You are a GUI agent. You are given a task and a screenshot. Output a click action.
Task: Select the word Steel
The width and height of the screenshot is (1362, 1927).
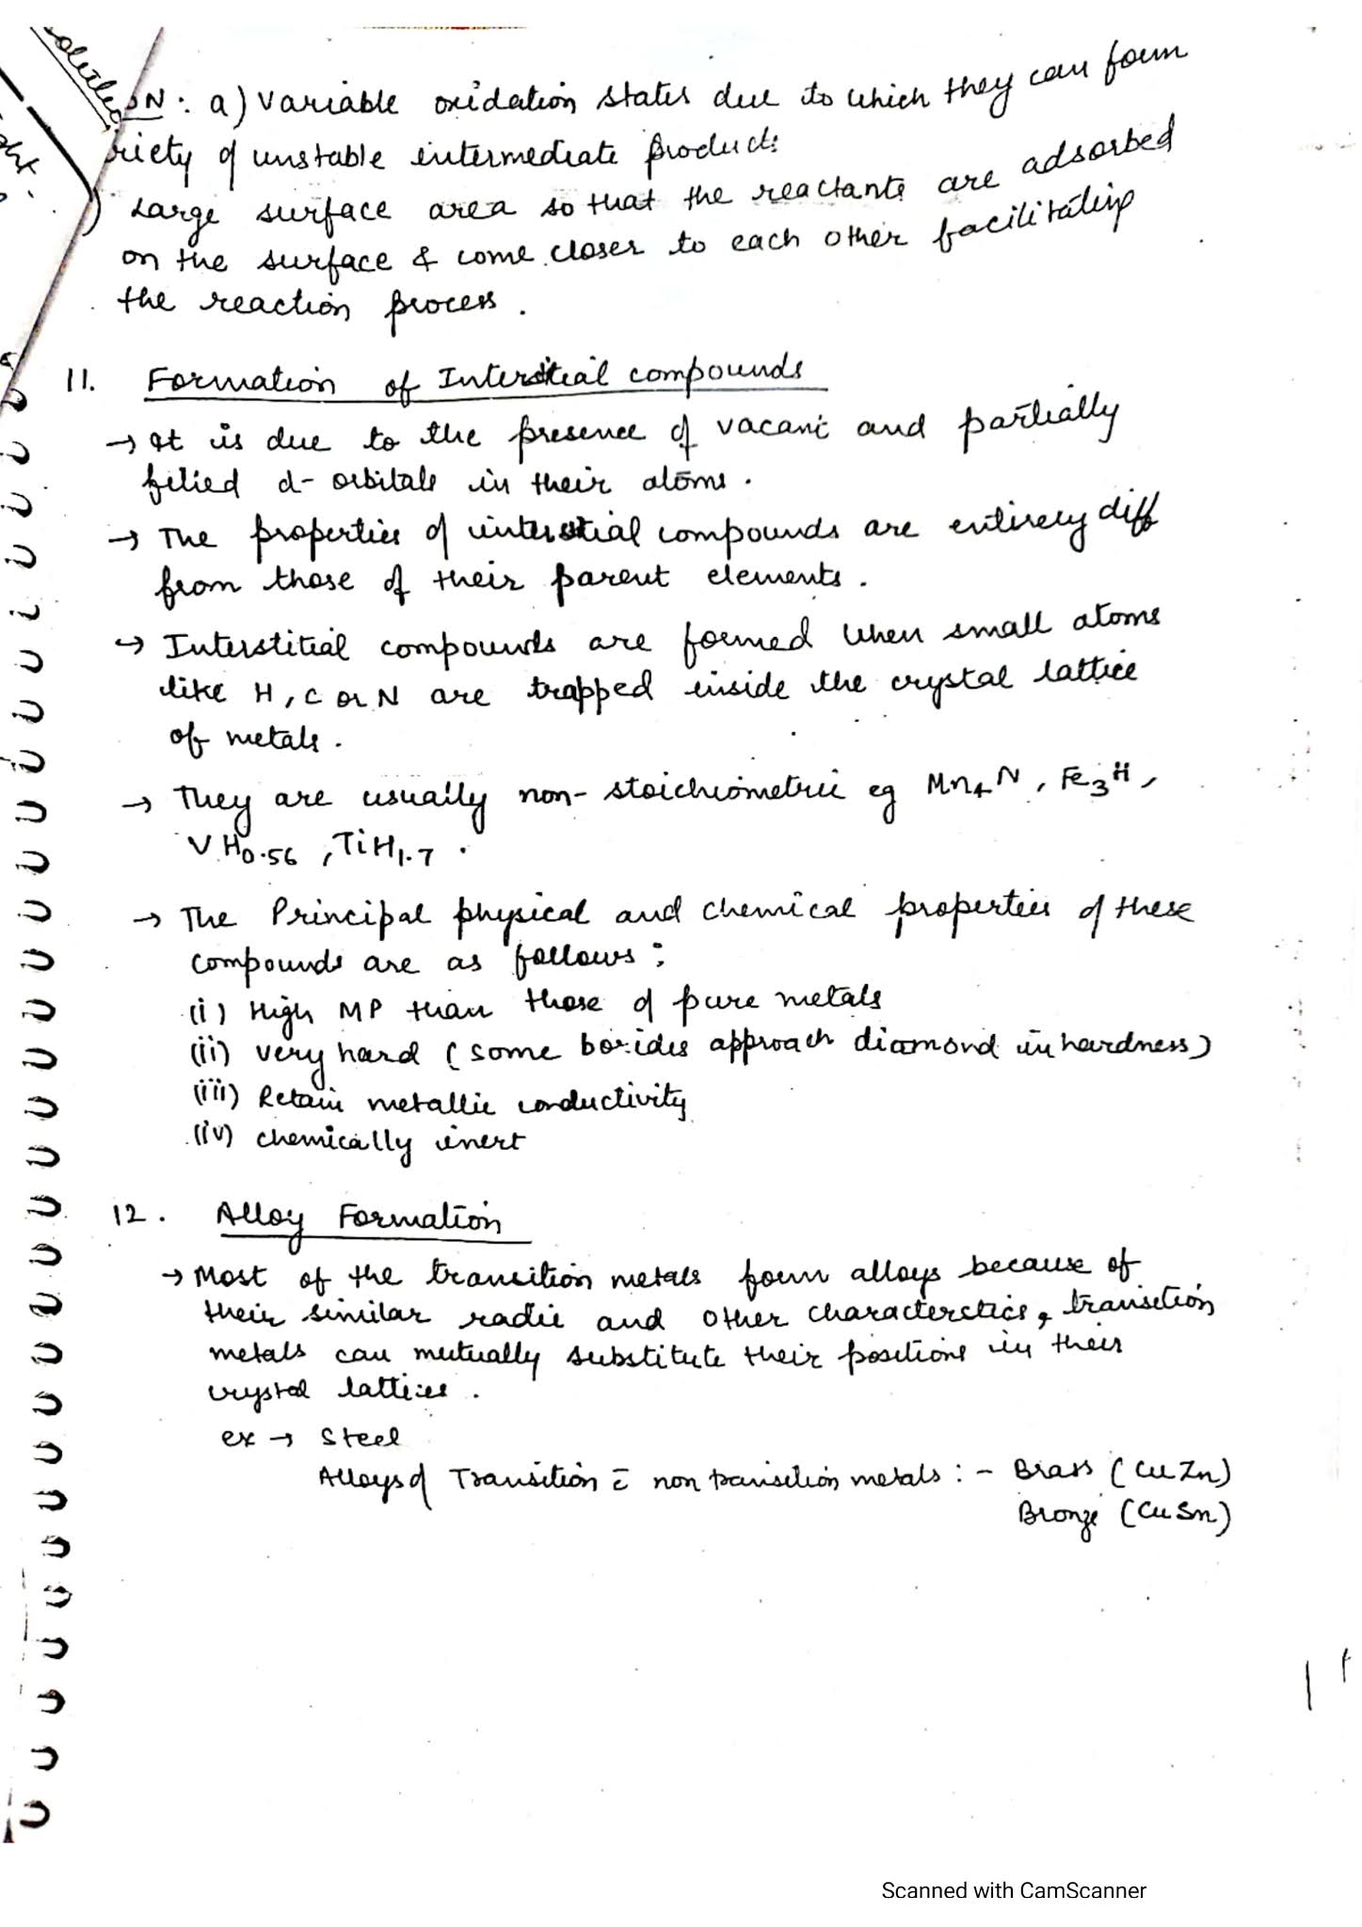(x=360, y=1438)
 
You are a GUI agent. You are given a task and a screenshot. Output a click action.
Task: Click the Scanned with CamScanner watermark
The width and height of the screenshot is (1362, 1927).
(x=1013, y=1890)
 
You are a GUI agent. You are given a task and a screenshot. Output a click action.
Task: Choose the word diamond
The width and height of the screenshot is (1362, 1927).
(x=924, y=1044)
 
